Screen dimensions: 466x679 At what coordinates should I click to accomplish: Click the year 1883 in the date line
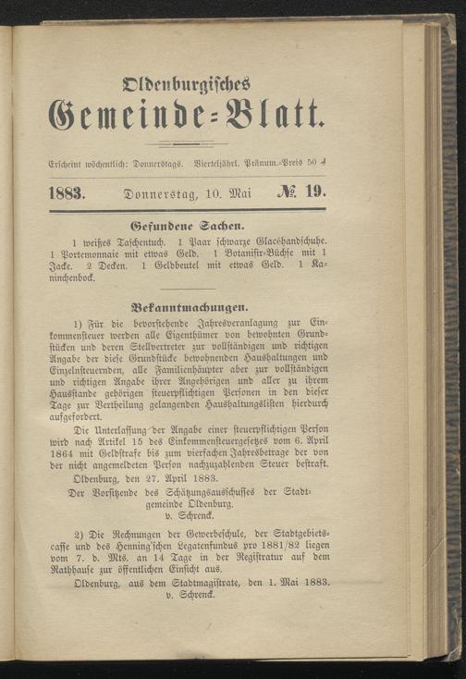pos(66,194)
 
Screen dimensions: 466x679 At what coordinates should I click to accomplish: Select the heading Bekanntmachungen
pos(187,303)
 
